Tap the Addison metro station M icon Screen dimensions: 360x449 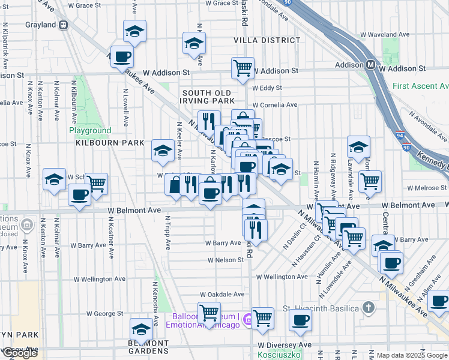[372, 64]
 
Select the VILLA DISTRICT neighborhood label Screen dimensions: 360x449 [267, 40]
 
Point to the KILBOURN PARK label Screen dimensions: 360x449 [110, 143]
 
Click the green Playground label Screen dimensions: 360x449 [90, 130]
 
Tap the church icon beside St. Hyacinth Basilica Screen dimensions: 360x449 [369, 308]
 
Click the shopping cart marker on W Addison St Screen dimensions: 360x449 [243, 68]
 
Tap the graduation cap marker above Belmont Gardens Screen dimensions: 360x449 [141, 329]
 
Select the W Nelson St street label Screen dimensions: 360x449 [226, 260]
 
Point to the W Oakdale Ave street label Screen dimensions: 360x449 [222, 295]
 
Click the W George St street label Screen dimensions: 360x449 [104, 313]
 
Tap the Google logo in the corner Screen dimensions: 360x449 [20, 353]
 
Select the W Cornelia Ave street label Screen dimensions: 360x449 [275, 105]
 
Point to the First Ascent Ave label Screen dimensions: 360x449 [420, 86]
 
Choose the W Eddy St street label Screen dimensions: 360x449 [267, 88]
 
